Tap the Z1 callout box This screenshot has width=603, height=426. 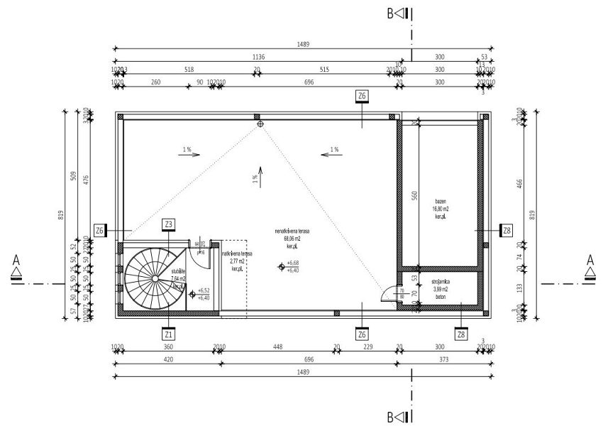click(x=168, y=333)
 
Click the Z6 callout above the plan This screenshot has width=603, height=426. click(x=362, y=96)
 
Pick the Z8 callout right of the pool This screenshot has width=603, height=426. click(x=506, y=230)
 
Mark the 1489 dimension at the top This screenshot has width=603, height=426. click(x=302, y=44)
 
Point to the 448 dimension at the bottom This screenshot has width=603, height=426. click(x=277, y=348)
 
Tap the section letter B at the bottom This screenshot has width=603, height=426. click(x=392, y=415)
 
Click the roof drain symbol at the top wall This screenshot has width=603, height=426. click(x=260, y=124)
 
